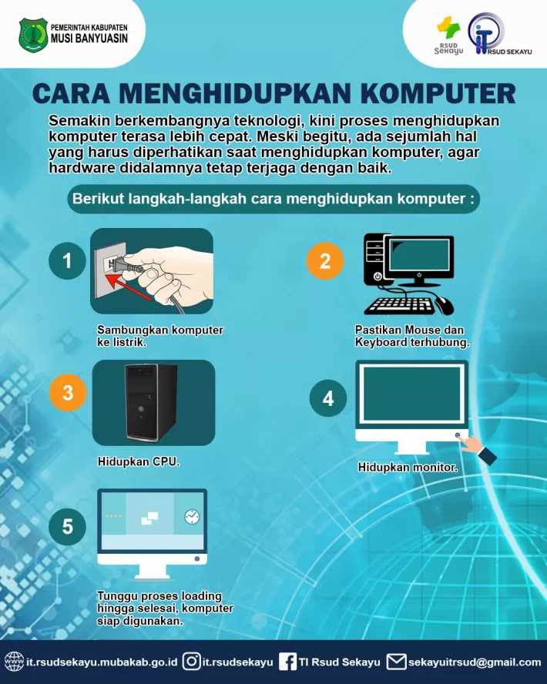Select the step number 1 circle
(x=68, y=261)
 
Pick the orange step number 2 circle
(x=324, y=261)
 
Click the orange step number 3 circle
(x=68, y=393)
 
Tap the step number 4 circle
(x=328, y=399)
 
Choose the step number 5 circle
(x=68, y=527)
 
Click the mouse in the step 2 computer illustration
(x=444, y=305)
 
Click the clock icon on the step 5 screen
(x=190, y=518)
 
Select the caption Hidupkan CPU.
(x=139, y=462)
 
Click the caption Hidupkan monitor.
(x=408, y=468)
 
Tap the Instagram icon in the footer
(x=192, y=662)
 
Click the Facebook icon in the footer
(x=287, y=662)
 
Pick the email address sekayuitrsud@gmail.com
(x=475, y=662)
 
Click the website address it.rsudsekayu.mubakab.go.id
(x=102, y=662)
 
